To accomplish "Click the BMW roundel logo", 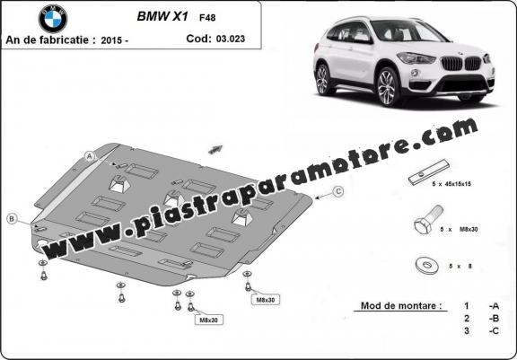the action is point(53,19).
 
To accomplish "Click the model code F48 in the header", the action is point(207,17).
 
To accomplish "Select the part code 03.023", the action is point(231,39).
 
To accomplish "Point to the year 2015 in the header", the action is point(112,40).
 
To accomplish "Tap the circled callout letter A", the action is point(90,156).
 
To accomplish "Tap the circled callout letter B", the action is point(12,218).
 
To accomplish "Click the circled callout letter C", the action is point(338,191).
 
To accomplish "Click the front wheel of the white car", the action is point(388,87).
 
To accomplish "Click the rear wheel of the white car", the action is point(323,80).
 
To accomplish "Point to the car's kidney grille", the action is point(461,64).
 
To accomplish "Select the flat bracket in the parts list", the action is point(429,172).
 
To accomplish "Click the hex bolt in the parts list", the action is point(428,220).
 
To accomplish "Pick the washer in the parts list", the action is point(427,266).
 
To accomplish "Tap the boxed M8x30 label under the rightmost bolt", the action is point(266,300).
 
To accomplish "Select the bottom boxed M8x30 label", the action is point(209,320).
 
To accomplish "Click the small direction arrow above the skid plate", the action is point(215,149).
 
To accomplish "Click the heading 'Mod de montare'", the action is point(401,305).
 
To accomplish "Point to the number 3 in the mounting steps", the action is point(466,330).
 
